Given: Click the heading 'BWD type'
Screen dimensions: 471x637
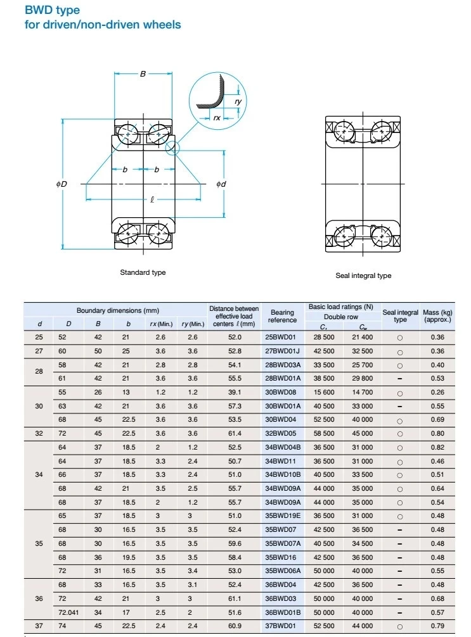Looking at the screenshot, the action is pyautogui.click(x=53, y=10).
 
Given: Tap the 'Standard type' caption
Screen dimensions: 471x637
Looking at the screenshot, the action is pyautogui.click(x=143, y=272).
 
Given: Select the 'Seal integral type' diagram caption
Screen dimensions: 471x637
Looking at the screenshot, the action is pyautogui.click(x=363, y=275).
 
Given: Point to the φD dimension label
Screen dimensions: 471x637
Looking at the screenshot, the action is pyautogui.click(x=61, y=184).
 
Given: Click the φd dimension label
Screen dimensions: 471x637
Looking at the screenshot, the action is pyautogui.click(x=221, y=184).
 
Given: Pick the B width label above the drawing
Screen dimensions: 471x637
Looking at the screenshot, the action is pyautogui.click(x=143, y=74).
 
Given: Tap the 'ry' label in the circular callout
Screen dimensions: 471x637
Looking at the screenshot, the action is pyautogui.click(x=238, y=101).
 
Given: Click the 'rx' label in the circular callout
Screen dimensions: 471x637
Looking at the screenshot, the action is pyautogui.click(x=217, y=118).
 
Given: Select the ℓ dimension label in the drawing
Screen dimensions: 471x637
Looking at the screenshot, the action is pyautogui.click(x=152, y=199).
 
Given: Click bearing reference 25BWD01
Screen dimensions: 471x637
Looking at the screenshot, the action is pyautogui.click(x=280, y=337).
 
